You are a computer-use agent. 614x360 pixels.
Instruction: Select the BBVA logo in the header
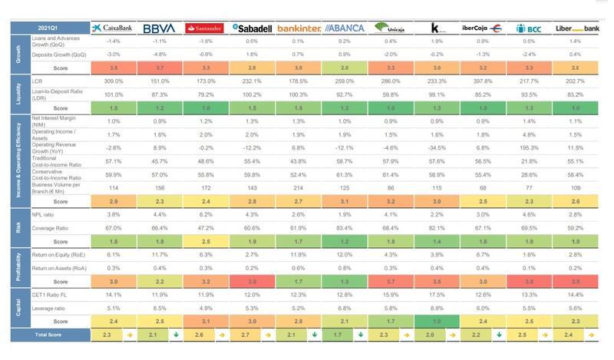(159, 28)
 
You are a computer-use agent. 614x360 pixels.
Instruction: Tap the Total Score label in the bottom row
(48, 335)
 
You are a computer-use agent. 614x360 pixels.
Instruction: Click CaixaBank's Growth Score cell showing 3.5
(114, 68)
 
